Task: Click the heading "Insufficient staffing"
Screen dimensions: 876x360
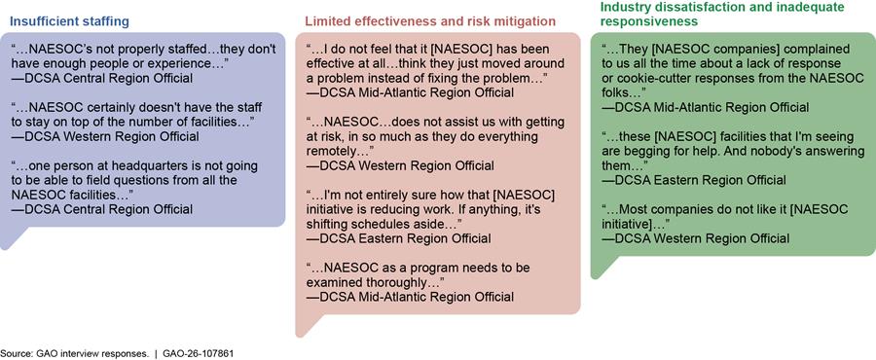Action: point(69,21)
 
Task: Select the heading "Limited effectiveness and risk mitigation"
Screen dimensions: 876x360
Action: point(430,21)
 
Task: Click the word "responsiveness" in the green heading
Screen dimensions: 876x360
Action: point(648,21)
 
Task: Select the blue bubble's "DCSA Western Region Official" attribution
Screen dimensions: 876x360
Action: point(104,136)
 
